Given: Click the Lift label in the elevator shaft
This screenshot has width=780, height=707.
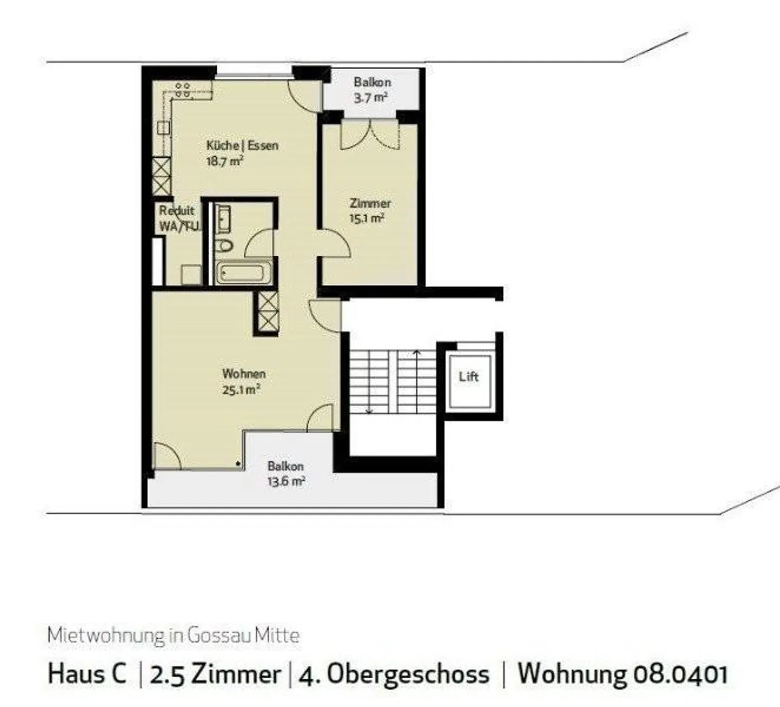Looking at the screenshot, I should coord(469,377).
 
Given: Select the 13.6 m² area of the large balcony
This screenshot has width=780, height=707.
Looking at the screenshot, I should coord(286,482).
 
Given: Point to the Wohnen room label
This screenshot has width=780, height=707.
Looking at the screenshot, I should coord(244,374).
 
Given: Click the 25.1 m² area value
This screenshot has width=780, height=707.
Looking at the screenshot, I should coord(242,390).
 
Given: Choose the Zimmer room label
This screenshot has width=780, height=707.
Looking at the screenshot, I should coord(370,204).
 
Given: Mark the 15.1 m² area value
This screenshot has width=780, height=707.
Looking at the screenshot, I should coord(367,219).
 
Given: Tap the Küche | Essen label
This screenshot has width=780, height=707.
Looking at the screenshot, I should coord(242,146).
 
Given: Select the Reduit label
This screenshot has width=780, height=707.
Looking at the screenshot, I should coord(177,211).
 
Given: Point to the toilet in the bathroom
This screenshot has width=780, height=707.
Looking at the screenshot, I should coord(224,245).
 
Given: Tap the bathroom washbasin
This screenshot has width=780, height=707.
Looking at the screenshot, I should coord(223,219).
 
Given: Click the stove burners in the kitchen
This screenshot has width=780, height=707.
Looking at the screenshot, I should coord(183,90).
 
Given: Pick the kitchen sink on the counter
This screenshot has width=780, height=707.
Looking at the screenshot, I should coord(163,128).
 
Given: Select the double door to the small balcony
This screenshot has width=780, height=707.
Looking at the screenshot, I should coord(370,135).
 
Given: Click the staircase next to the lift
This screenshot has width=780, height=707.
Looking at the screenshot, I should coord(393,382).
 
